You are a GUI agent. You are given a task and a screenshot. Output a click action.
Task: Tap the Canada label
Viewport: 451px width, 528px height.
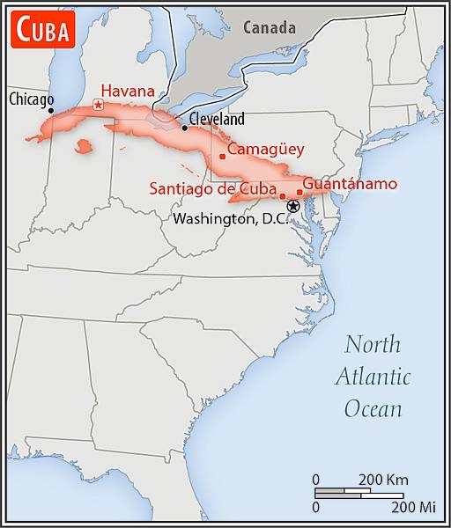(x=270, y=27)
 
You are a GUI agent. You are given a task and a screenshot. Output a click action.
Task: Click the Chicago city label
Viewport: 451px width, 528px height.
(x=31, y=99)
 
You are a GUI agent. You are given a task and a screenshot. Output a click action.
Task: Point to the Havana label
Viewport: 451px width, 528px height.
(x=129, y=91)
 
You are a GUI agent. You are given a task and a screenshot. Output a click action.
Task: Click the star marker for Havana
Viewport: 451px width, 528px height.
(x=97, y=105)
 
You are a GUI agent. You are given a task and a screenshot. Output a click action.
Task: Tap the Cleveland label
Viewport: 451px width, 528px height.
(x=217, y=119)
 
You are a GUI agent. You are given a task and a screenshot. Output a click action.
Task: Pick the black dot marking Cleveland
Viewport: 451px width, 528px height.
(x=184, y=128)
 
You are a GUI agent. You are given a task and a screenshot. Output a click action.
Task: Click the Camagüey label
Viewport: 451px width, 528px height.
(x=266, y=150)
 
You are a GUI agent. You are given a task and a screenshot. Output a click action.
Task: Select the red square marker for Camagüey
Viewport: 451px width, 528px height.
(x=222, y=157)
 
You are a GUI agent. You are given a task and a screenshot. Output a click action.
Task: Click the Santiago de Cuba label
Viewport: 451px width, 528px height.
(x=213, y=187)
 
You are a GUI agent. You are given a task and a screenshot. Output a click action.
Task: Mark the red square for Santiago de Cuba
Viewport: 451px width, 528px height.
(x=282, y=196)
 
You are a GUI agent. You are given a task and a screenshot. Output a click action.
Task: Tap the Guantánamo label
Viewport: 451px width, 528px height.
(x=350, y=184)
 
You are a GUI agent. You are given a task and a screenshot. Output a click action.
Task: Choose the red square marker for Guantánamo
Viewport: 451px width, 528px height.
(x=299, y=192)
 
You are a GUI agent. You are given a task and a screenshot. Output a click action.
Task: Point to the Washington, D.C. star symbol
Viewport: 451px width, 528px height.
(x=293, y=206)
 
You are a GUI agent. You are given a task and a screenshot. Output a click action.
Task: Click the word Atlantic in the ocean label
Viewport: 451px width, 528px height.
(x=373, y=377)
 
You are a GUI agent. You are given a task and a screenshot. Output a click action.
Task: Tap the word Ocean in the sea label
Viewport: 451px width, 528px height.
(x=373, y=408)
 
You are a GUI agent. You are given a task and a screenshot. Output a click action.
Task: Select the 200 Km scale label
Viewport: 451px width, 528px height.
(x=383, y=480)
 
